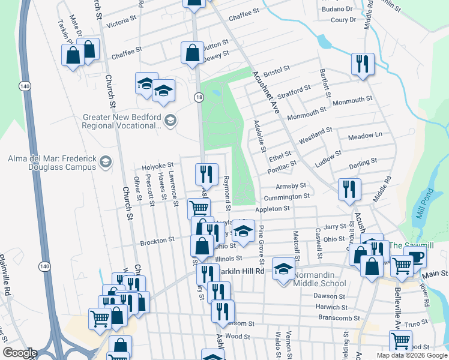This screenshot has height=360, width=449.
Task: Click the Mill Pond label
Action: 424,203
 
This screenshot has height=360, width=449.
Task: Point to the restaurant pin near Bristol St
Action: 363,64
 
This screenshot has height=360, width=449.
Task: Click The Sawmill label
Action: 411,245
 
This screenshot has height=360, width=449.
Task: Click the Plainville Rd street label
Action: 7,274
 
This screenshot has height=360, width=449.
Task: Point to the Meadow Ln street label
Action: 365,136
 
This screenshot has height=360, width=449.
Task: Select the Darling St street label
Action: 363,161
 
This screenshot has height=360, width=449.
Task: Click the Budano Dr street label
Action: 336,9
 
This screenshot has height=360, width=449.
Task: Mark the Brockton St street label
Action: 157,240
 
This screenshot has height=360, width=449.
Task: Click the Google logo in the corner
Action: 20,353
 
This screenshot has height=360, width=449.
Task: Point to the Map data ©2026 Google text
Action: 412,355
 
